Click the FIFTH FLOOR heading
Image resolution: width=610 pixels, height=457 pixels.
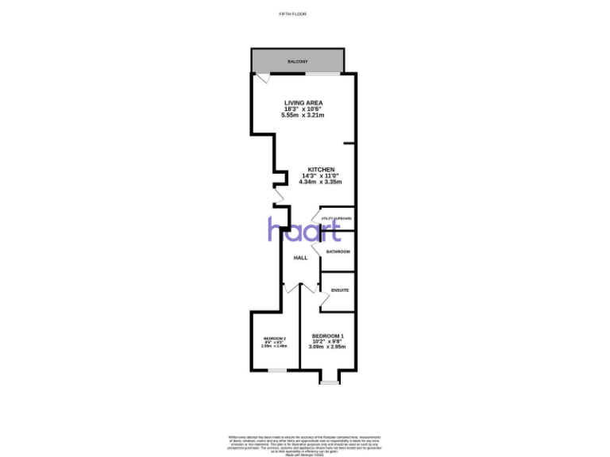[293, 14]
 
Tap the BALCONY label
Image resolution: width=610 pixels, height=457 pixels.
[298, 61]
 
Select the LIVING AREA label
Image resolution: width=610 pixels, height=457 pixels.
[303, 102]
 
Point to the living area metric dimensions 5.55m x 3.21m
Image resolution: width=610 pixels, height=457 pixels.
[303, 116]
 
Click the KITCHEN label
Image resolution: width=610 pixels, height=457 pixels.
[322, 169]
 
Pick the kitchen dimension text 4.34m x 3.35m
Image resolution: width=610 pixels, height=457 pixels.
[320, 182]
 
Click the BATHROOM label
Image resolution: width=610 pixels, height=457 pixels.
[338, 252]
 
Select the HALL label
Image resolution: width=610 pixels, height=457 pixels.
[300, 258]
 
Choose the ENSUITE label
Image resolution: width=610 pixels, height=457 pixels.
[340, 290]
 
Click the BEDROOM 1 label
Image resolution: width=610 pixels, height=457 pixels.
[327, 336]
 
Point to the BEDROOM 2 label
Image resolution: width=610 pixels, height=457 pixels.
[274, 339]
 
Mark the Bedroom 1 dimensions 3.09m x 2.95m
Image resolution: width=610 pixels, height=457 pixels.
[327, 348]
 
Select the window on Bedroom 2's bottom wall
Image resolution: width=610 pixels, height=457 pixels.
[277, 370]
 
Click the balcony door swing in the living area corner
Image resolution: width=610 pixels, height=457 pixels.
[262, 79]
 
